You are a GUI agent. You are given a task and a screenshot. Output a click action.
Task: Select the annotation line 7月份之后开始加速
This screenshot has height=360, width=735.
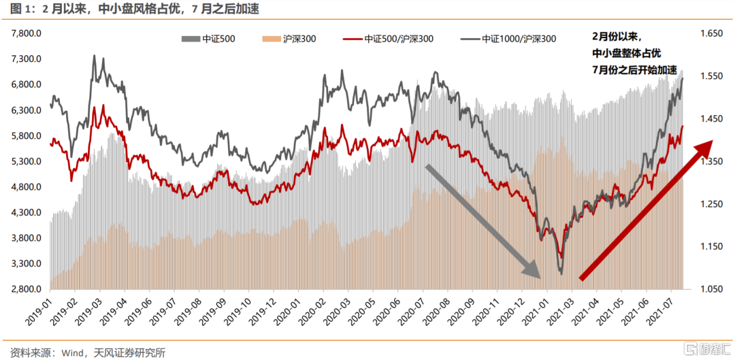(634, 70)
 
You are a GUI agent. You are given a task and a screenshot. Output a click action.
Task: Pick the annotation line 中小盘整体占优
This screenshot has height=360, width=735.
(625, 52)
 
